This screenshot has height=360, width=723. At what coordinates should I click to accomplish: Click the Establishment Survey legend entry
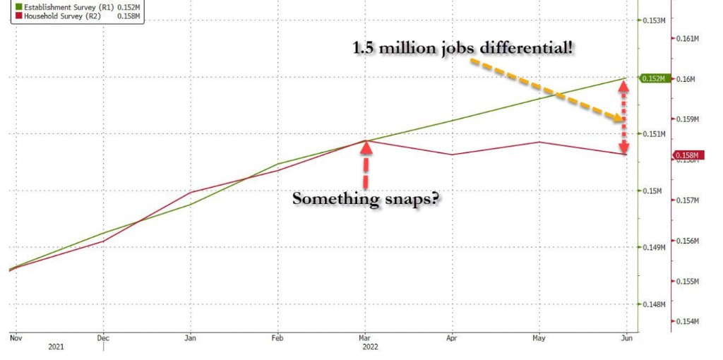click(x=73, y=6)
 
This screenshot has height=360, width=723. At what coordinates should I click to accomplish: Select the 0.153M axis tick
click(x=656, y=20)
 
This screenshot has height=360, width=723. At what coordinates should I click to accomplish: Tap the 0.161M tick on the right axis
click(x=688, y=38)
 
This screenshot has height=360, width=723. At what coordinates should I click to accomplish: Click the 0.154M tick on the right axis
click(x=688, y=322)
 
